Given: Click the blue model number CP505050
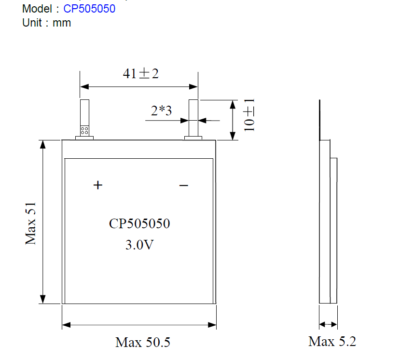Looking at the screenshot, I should tap(89, 9).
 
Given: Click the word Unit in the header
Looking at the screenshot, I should tap(32, 23).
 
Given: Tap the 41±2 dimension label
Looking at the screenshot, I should tap(140, 73).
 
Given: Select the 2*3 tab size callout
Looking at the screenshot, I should tap(161, 111).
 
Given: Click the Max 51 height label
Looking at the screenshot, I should tap(31, 222).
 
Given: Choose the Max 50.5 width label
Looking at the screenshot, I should tap(143, 343).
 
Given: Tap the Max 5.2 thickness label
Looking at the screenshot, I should tap(332, 342).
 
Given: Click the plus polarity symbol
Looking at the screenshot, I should tap(98, 185).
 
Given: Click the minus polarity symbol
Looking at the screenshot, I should tap(183, 185).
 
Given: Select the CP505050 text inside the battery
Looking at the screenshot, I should tap(139, 224).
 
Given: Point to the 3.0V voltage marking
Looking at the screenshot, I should tap(139, 245).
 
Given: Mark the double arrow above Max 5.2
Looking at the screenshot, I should tap(328, 324).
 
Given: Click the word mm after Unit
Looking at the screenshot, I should tap(62, 23).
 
